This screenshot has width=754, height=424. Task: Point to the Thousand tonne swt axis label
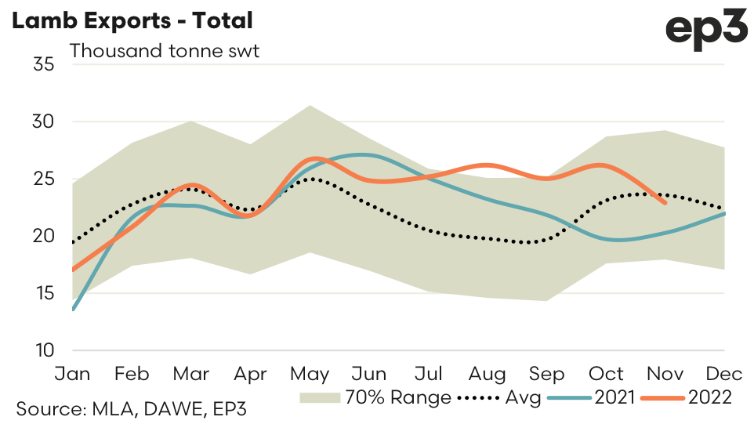(165, 52)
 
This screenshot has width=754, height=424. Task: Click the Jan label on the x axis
(73, 373)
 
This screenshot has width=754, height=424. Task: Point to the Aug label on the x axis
(488, 373)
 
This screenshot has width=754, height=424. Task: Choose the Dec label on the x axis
(723, 373)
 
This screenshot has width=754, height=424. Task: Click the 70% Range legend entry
(376, 398)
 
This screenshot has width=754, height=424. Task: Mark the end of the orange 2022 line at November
(665, 203)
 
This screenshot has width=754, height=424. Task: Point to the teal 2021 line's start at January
(73, 310)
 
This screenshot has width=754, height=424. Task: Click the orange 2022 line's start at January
(73, 270)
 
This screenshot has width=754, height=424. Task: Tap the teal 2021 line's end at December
(724, 213)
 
